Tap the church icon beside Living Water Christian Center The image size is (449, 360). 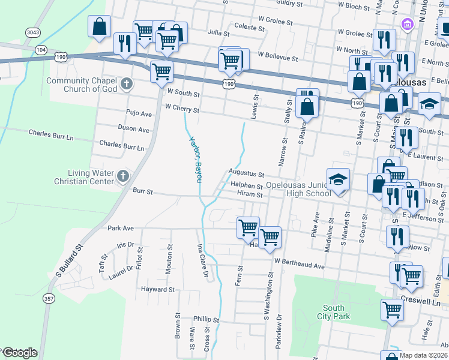pos(123,176)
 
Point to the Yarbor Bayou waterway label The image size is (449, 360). pos(194,158)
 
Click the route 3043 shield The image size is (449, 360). pos(33,32)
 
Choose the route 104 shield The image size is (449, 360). pos(40,50)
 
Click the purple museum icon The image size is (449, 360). pos(407,25)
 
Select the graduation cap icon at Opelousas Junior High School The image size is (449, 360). pos(338,179)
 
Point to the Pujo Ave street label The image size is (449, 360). pos(137,112)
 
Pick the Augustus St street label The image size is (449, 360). pos(246,174)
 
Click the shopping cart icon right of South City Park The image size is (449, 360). pos(393,310)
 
